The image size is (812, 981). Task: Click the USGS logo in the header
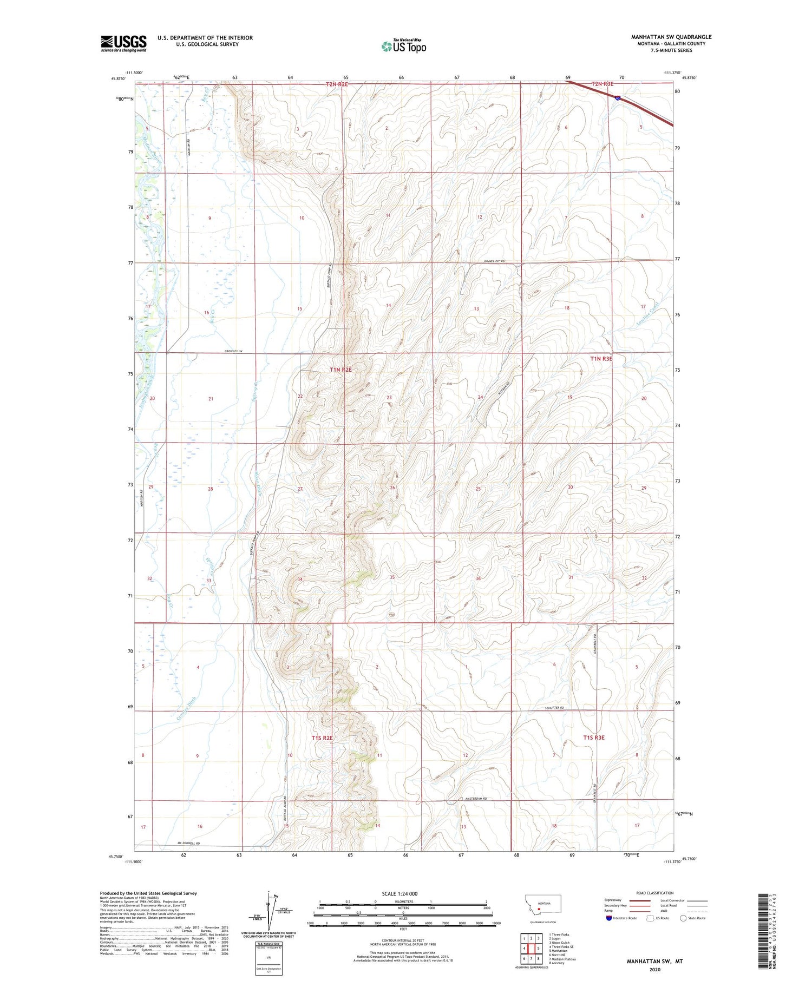click(x=123, y=43)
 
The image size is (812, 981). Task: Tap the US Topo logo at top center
click(x=403, y=46)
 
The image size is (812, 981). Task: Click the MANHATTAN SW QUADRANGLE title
click(x=671, y=37)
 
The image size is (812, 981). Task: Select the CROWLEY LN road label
click(x=233, y=352)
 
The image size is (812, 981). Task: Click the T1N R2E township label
click(x=340, y=370)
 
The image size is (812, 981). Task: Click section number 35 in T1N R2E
click(x=392, y=577)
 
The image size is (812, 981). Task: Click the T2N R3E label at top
click(x=602, y=84)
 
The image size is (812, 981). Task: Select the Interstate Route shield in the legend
click(x=610, y=918)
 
